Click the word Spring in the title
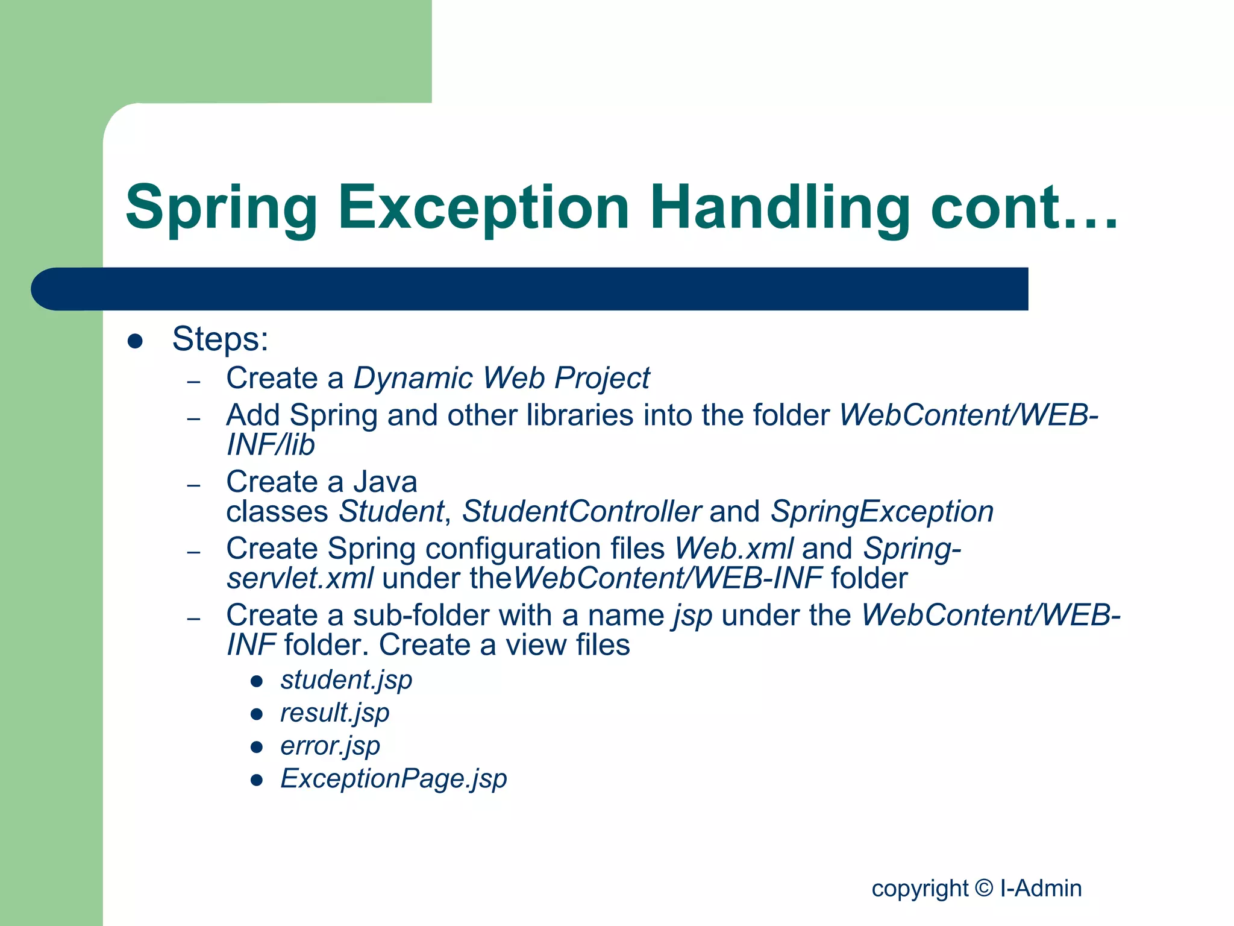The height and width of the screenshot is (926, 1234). click(221, 208)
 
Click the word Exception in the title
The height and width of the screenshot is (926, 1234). click(483, 208)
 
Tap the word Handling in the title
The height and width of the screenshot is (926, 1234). click(780, 208)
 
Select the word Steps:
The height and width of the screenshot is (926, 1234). click(220, 339)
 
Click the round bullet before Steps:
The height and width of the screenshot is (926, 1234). click(135, 342)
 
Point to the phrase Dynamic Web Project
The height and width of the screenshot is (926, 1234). click(501, 379)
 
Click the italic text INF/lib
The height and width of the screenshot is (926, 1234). click(271, 446)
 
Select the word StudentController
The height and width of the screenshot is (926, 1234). click(581, 512)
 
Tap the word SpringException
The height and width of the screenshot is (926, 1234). click(882, 512)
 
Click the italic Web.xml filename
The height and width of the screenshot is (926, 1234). click(734, 549)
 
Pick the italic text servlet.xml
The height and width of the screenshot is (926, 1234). click(300, 579)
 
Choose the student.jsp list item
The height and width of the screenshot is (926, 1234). click(346, 680)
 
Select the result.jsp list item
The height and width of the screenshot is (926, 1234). click(335, 713)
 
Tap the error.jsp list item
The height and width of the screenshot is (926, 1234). click(330, 746)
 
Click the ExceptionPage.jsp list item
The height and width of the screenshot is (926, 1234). click(393, 779)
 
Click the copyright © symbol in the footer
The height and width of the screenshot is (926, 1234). click(983, 889)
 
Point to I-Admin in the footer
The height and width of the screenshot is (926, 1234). click(1041, 889)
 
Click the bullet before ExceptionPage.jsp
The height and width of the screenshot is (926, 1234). click(257, 781)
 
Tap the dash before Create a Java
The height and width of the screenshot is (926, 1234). click(193, 485)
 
